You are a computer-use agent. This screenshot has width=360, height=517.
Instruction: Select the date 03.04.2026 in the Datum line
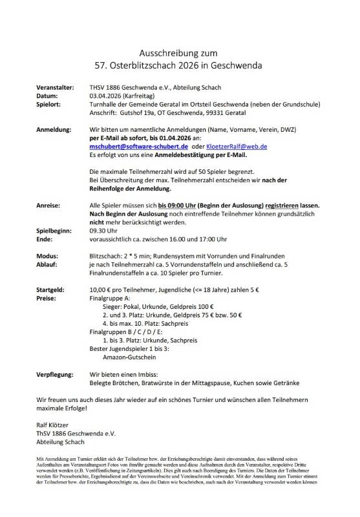(106, 95)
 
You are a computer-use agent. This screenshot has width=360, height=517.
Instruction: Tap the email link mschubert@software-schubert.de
(133, 147)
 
